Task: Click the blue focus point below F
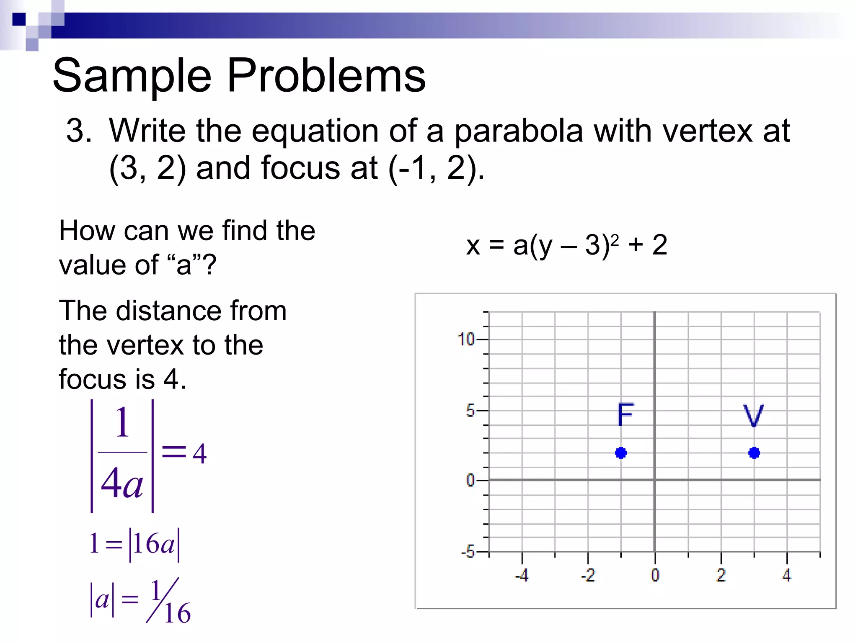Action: pos(621,453)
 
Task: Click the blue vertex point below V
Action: pos(754,453)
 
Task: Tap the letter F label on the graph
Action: pos(625,414)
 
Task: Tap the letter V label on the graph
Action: pos(753,415)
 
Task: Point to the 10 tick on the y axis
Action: pos(466,339)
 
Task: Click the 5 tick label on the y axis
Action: pos(470,411)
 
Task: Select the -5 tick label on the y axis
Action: pos(468,552)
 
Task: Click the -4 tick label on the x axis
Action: pos(522,575)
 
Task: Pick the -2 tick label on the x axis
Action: pos(588,575)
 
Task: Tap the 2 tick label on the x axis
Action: pos(721,575)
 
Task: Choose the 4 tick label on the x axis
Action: pos(787,575)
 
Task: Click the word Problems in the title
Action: pos(326,76)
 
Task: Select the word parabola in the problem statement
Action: pos(519,131)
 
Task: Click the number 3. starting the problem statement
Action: pos(79,131)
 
